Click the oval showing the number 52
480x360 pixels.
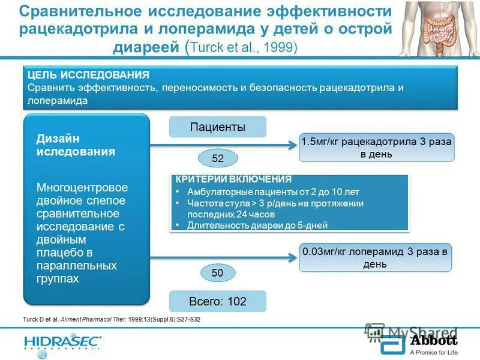(x=218, y=158)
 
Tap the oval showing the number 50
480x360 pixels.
(x=217, y=272)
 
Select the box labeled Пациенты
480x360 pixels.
(x=217, y=127)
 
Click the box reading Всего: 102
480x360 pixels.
(x=217, y=301)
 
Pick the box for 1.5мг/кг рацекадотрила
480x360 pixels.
(x=376, y=148)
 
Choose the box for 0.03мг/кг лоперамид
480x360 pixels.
(x=375, y=258)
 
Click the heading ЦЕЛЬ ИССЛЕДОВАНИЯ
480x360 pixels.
(x=89, y=75)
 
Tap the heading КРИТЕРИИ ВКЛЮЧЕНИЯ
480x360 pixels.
(x=233, y=179)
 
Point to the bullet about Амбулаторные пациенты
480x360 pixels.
(x=273, y=193)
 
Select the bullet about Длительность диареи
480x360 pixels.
(x=257, y=226)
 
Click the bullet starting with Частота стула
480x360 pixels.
(x=275, y=209)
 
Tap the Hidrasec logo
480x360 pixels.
(x=63, y=343)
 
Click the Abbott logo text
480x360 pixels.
(x=433, y=340)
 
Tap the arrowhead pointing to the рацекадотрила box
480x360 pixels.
(x=294, y=145)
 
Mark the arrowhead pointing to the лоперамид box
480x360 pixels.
(x=294, y=258)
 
